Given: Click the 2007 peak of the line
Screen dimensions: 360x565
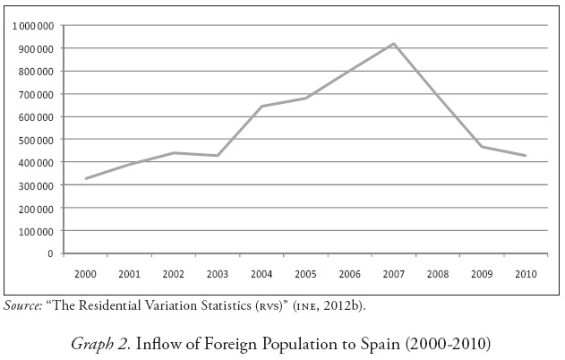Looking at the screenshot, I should (393, 44).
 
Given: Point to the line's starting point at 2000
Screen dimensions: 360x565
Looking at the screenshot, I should (86, 179).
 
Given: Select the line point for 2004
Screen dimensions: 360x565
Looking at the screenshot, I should (261, 107).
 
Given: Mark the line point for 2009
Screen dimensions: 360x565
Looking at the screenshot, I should (482, 146).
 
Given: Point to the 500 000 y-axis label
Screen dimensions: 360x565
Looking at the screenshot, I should (38, 140).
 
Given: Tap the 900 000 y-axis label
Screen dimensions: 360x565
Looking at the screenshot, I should (38, 48).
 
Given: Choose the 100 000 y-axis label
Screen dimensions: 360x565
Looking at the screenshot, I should (38, 231).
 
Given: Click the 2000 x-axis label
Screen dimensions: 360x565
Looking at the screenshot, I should (86, 273).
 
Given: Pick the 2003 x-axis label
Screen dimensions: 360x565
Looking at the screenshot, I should (218, 273).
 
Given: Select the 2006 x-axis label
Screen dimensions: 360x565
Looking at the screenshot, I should (349, 273).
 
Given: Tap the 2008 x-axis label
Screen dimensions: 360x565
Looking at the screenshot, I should (438, 273).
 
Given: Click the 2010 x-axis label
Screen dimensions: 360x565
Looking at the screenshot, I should (526, 273).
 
